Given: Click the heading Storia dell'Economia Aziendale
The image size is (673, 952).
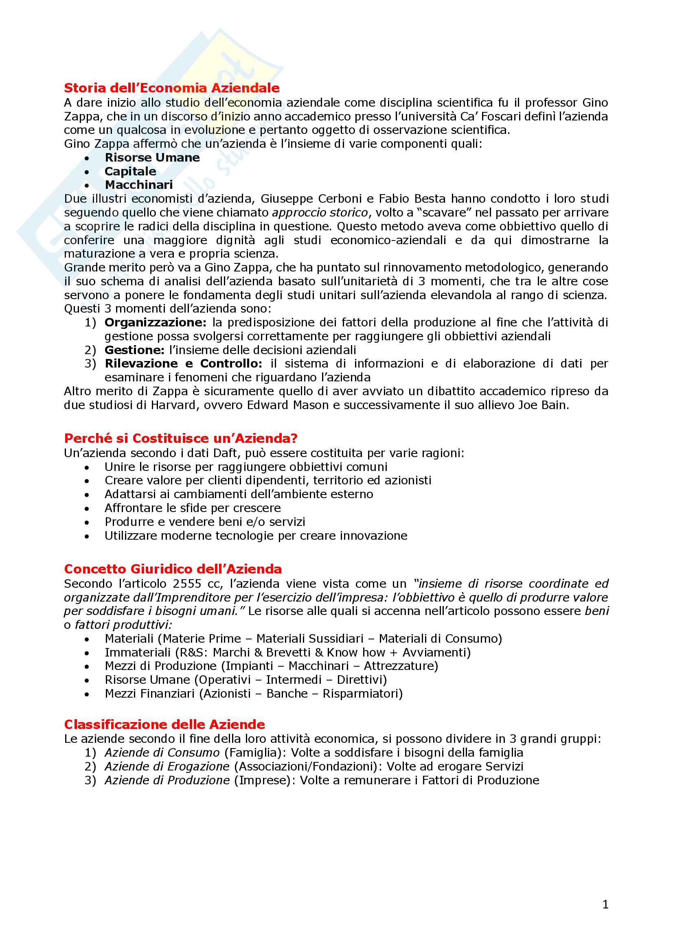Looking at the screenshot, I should click(172, 88).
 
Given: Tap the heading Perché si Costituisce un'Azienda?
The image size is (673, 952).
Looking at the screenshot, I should click(181, 438).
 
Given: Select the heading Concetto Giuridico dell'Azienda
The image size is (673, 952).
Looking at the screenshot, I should click(173, 569).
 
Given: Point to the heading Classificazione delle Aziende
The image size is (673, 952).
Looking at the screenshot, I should click(164, 724).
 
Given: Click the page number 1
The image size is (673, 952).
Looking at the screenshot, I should click(605, 904).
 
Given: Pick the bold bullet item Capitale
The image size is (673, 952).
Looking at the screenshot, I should click(130, 171).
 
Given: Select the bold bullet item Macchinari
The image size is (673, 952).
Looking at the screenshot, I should click(138, 185).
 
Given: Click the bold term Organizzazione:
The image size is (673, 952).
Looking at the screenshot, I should click(155, 323).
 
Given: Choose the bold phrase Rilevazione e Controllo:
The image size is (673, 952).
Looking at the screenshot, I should click(183, 363).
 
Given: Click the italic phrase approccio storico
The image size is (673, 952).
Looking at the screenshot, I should click(320, 213).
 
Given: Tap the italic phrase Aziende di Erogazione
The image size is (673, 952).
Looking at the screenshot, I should click(167, 767).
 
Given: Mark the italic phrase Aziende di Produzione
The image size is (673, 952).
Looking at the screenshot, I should click(167, 780).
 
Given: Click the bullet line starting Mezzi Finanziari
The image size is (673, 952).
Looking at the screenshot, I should click(253, 694).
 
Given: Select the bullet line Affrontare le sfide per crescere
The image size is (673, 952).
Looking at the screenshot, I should click(193, 508).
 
